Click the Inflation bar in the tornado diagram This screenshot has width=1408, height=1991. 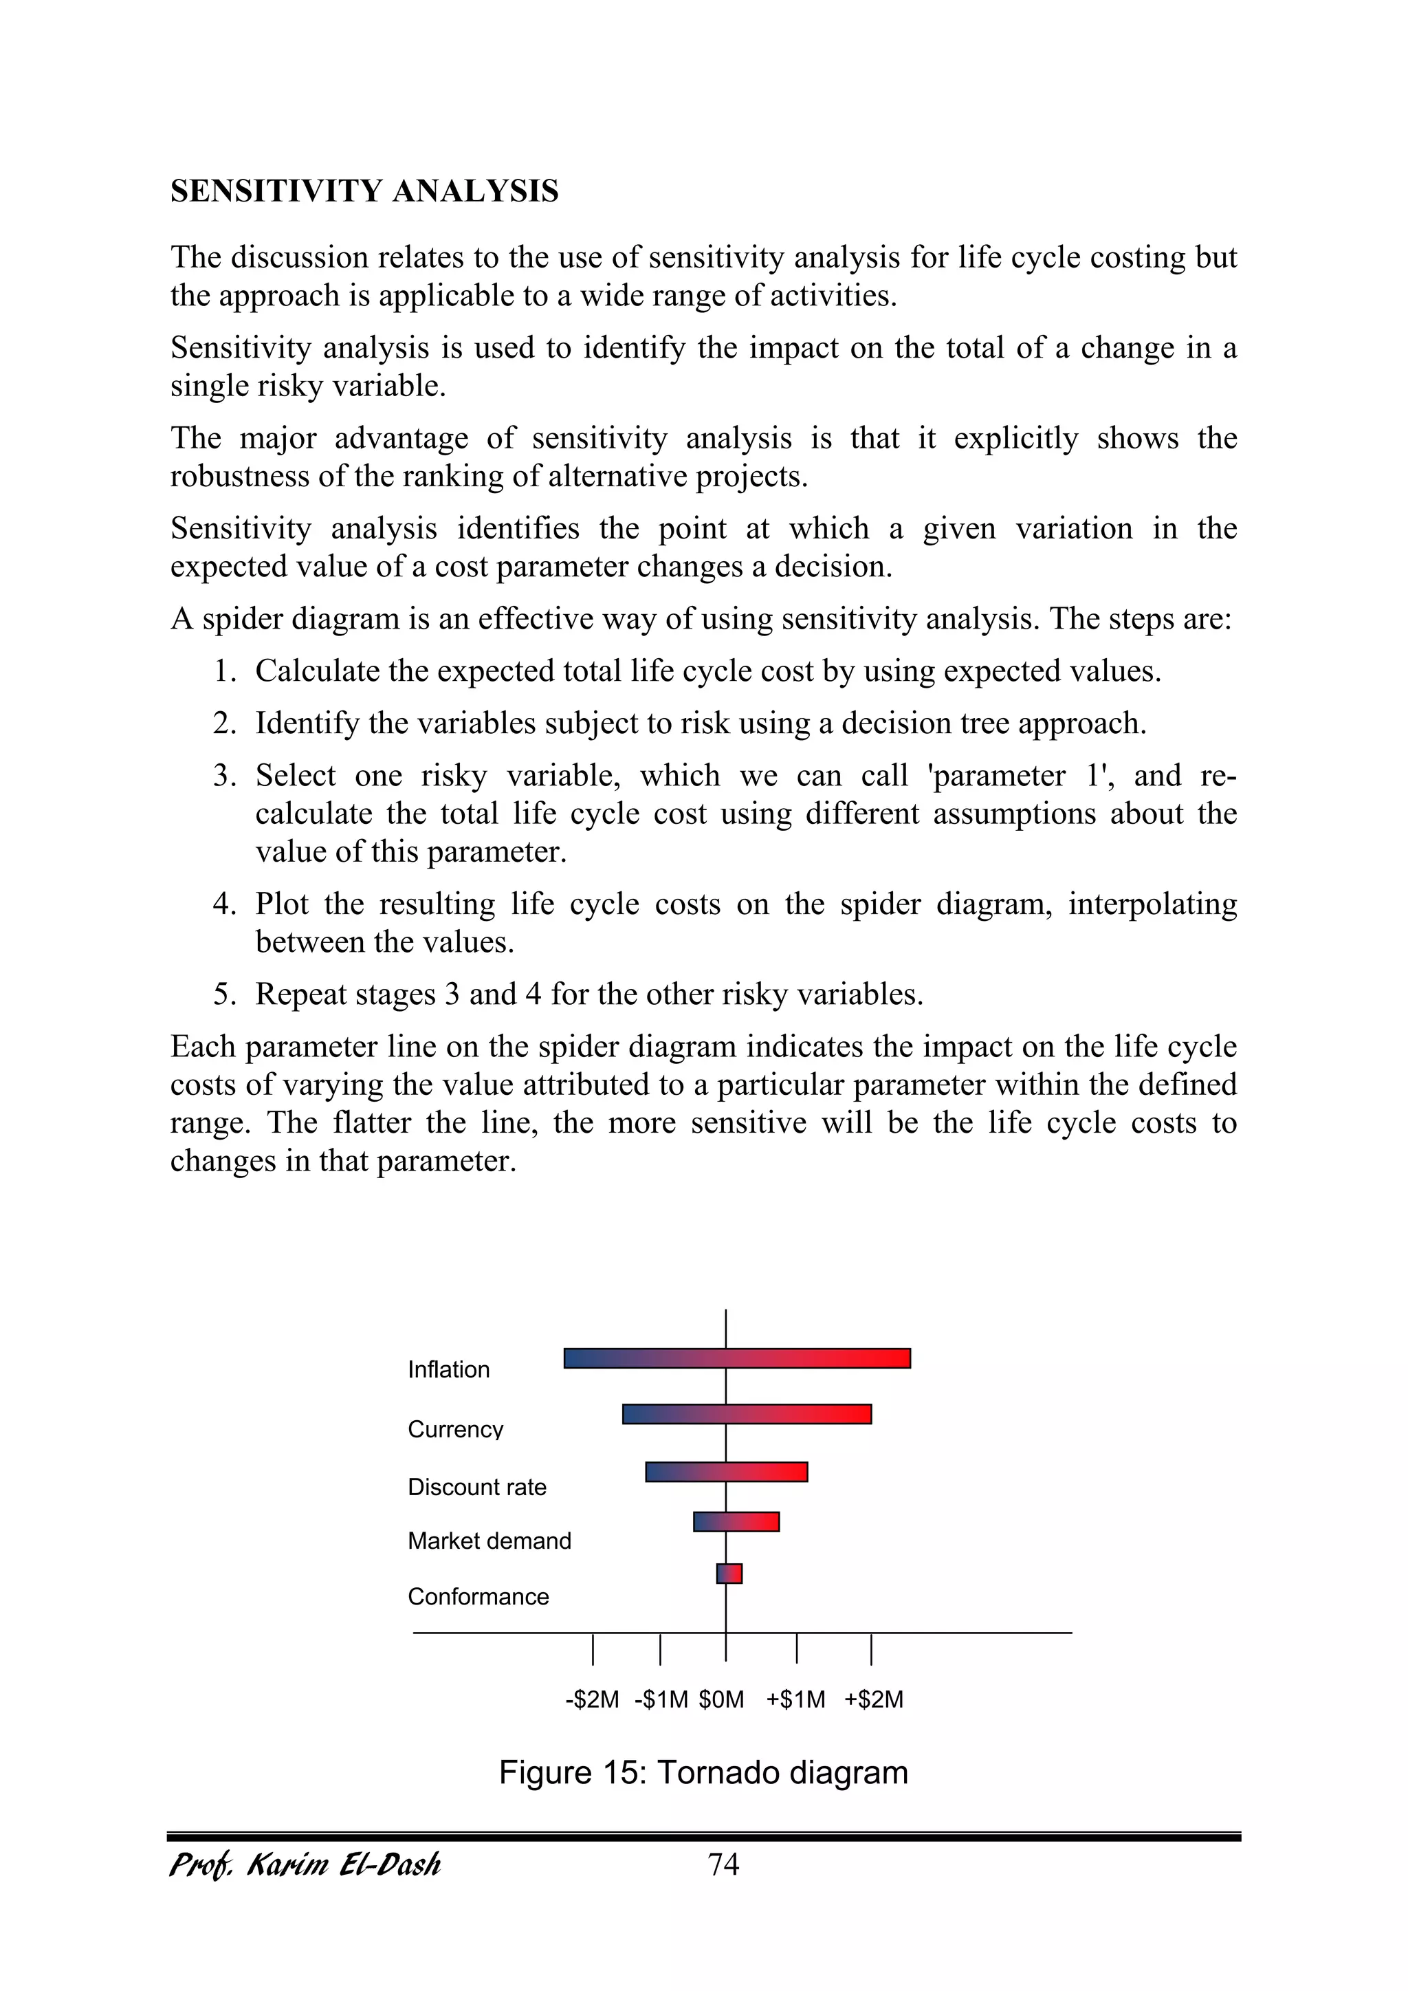pos(737,1358)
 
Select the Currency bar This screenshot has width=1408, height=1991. pos(747,1415)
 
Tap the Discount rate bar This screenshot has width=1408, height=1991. pos(727,1472)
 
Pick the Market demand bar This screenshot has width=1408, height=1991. pos(736,1522)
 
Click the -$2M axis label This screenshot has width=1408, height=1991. pos(592,1699)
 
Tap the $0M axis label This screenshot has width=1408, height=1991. pos(721,1699)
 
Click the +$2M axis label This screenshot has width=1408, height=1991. pos(874,1699)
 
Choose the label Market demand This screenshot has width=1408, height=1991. pos(489,1541)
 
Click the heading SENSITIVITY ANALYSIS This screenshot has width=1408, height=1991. pos(364,191)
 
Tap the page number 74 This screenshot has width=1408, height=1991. pos(723,1864)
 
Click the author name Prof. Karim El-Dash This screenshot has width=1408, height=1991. pos(305,1864)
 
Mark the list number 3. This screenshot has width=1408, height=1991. pos(225,775)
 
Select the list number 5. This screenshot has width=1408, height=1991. pos(225,994)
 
